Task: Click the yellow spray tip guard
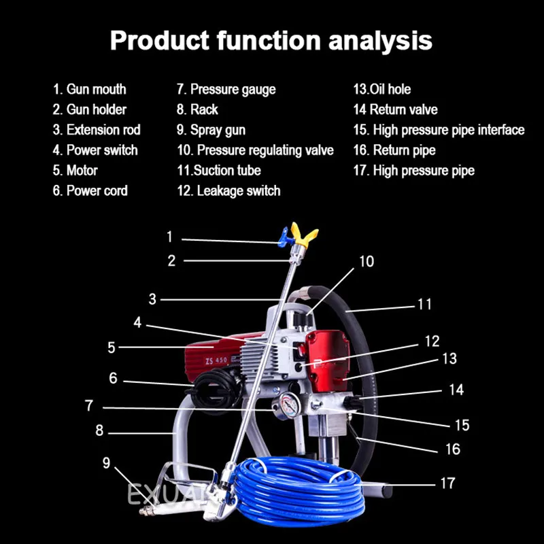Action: [x=304, y=237]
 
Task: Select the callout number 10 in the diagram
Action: [x=367, y=262]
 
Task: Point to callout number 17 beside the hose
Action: [x=447, y=483]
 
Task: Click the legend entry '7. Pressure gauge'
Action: [x=226, y=89]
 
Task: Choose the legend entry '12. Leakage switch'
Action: [x=228, y=191]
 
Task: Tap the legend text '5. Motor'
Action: [x=75, y=171]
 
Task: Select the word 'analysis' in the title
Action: [x=380, y=40]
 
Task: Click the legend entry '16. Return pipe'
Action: [x=394, y=150]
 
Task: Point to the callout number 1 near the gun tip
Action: [x=169, y=237]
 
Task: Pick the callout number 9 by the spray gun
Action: [x=106, y=463]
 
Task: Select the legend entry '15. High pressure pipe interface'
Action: [x=439, y=130]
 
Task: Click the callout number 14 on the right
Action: [x=456, y=390]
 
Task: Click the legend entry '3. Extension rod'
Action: [x=97, y=130]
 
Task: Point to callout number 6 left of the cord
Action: [x=113, y=378]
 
